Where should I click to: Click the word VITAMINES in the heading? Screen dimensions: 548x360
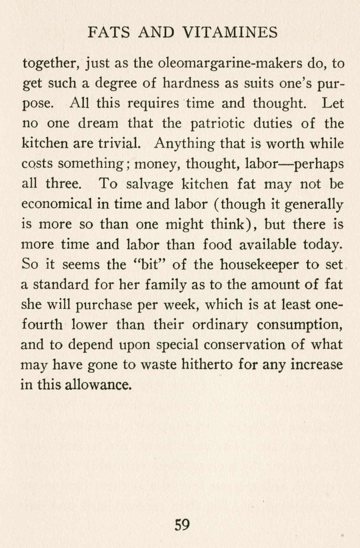(230, 33)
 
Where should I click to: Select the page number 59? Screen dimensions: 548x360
(182, 525)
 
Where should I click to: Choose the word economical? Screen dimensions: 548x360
(57, 204)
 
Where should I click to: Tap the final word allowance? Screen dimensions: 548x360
(98, 385)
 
